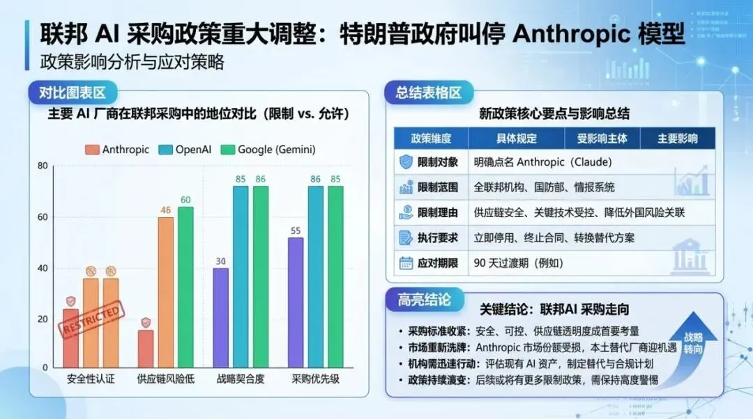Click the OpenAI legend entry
[x=185, y=150]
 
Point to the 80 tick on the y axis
[x=43, y=166]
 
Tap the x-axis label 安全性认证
[x=91, y=379]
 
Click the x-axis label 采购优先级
[x=314, y=379]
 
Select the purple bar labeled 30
[x=220, y=317]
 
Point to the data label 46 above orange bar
[x=165, y=209]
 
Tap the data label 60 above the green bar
[x=185, y=200]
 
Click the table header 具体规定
[x=516, y=139]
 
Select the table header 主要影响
[x=677, y=139]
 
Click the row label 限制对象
[x=437, y=163]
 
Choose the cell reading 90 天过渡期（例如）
[x=518, y=263]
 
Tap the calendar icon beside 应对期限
[x=406, y=263]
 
